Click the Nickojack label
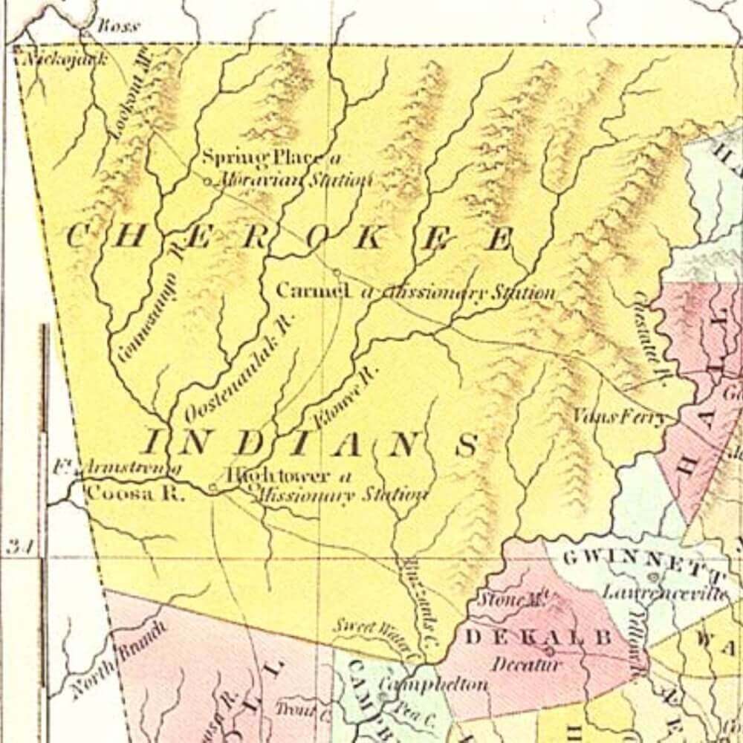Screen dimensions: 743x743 [x=65, y=58]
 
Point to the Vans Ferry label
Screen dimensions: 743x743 [x=620, y=418]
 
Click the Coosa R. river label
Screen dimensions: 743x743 [x=134, y=494]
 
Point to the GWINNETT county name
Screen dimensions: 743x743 [x=643, y=562]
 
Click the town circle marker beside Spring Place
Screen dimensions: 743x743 [x=207, y=180]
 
